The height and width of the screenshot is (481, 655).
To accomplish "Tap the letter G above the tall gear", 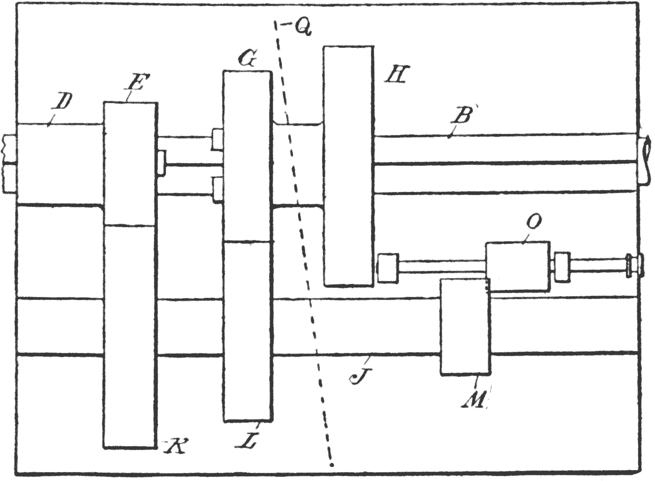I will (x=247, y=60).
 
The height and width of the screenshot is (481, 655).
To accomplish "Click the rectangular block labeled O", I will (x=517, y=266).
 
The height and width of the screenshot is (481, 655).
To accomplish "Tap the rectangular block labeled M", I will (x=464, y=326).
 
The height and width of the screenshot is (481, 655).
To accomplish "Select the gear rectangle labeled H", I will (x=348, y=166).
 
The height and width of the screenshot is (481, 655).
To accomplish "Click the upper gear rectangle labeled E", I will (x=130, y=163).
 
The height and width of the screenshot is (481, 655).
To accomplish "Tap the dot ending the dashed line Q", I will (x=332, y=464).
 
